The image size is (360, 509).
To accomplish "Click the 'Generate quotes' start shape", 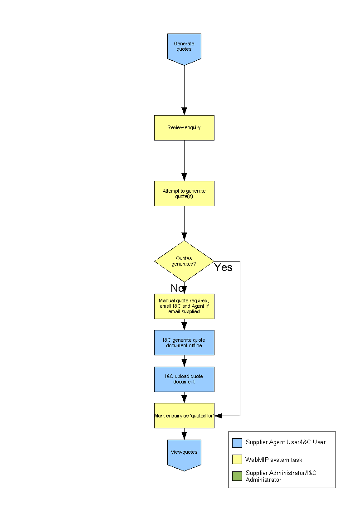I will tap(184, 47).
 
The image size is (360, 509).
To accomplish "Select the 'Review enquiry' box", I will tap(184, 127).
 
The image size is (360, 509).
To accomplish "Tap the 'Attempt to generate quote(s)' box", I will tap(184, 194).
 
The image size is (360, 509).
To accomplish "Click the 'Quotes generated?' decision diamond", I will tap(184, 262).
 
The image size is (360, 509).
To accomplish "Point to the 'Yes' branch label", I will tap(223, 267).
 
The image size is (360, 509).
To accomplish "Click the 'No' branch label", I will tap(177, 288).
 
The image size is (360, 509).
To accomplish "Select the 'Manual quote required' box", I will tap(184, 306).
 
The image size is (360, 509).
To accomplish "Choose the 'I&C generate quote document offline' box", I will tap(184, 343).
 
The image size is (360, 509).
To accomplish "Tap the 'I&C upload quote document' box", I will tap(184, 379).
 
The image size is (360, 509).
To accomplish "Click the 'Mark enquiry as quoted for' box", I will tap(184, 415).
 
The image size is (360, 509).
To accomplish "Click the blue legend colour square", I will tap(237, 443).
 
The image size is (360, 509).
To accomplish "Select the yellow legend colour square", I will tap(237, 460).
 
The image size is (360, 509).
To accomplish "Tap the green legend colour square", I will tap(237, 476).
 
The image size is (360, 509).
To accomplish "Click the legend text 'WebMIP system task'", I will tap(273, 460).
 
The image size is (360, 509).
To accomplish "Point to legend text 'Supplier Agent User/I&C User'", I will tap(286, 442).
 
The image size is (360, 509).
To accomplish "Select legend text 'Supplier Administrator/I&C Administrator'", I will tap(281, 476).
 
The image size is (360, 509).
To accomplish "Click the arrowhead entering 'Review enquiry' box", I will tap(184, 111).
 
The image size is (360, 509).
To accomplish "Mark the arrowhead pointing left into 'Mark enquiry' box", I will tap(218, 415).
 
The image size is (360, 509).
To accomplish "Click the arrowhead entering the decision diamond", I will tap(184, 237).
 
